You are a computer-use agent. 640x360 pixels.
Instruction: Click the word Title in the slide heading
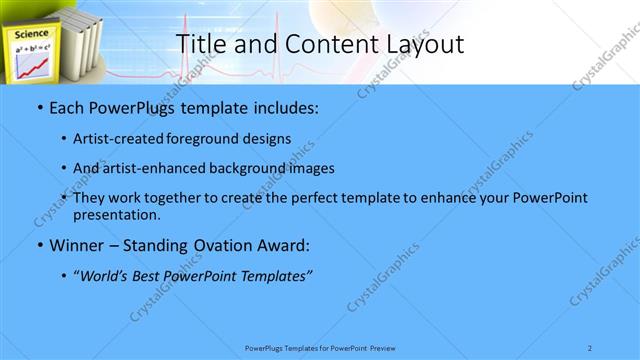coord(202,43)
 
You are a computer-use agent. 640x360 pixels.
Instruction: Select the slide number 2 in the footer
coord(590,347)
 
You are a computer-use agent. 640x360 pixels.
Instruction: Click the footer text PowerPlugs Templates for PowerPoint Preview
coord(320,347)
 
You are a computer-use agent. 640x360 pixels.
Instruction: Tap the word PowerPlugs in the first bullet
coord(128,107)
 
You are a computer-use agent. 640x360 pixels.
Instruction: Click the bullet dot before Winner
coord(39,245)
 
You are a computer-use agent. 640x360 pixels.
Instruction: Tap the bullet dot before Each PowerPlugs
coord(39,107)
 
